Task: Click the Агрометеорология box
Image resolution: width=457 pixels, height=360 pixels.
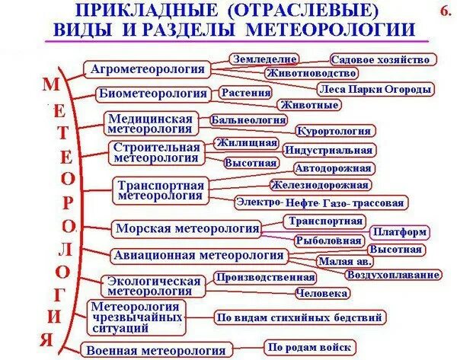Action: (148, 69)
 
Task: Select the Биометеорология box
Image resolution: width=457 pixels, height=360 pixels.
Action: (153, 94)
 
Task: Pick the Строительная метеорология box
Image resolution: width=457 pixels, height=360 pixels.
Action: (156, 153)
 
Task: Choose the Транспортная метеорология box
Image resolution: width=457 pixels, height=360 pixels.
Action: (161, 190)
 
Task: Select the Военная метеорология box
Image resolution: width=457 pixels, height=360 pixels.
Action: (155, 350)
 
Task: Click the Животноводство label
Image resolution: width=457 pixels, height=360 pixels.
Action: (312, 73)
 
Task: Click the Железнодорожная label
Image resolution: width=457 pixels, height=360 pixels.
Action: (320, 184)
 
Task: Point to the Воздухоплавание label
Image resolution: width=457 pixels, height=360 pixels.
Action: (393, 274)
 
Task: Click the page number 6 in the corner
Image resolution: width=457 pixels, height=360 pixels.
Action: (445, 11)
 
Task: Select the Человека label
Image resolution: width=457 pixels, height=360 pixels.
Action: (322, 293)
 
